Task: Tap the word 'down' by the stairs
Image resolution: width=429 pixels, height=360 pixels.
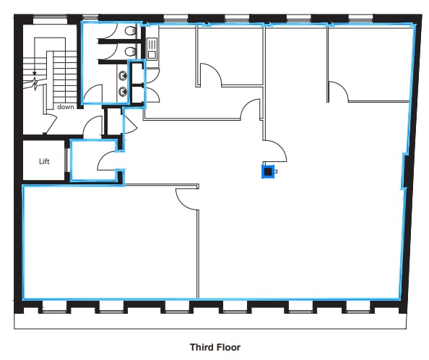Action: tap(66, 106)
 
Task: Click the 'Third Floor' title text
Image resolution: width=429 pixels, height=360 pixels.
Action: tap(214, 347)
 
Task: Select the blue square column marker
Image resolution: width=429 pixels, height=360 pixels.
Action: tap(268, 171)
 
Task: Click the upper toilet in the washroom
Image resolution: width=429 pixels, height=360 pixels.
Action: tap(129, 31)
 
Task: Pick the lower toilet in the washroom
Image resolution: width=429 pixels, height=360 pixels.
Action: tap(129, 52)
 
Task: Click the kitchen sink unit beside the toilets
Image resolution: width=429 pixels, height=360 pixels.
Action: tap(152, 47)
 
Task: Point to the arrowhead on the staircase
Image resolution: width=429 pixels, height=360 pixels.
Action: tap(35, 73)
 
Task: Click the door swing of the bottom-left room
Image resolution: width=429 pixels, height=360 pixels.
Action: tap(187, 200)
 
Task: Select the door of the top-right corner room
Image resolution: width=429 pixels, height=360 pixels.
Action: tap(338, 91)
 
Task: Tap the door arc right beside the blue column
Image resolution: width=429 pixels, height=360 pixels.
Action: tap(277, 150)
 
